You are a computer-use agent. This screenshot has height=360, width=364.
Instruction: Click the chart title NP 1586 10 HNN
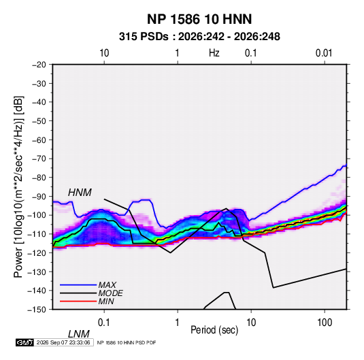pyautogui.click(x=199, y=19)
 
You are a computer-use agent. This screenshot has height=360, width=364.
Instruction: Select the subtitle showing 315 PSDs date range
pyautogui.click(x=199, y=37)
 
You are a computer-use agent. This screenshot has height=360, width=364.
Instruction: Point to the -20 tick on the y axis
pyautogui.click(x=39, y=65)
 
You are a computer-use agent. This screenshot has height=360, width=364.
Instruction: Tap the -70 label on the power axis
pyautogui.click(x=39, y=159)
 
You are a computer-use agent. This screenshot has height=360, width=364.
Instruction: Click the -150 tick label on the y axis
pyautogui.click(x=37, y=310)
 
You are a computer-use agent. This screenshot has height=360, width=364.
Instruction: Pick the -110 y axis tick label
pyautogui.click(x=37, y=234)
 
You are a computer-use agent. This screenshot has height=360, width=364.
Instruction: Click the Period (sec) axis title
pyautogui.click(x=214, y=330)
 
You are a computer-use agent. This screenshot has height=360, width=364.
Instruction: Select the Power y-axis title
pyautogui.click(x=18, y=187)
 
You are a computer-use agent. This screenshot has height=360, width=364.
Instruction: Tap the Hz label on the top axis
pyautogui.click(x=214, y=53)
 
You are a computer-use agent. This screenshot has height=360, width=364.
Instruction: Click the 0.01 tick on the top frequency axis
pyautogui.click(x=324, y=53)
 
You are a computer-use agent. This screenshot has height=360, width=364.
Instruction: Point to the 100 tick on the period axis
pyautogui.click(x=325, y=322)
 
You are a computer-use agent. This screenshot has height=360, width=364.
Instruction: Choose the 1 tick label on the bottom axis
pyautogui.click(x=178, y=322)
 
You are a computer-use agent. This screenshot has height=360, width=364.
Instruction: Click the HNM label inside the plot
pyautogui.click(x=80, y=193)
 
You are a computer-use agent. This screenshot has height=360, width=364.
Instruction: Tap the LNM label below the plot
pyautogui.click(x=78, y=334)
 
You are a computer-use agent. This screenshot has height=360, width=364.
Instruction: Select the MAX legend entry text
pyautogui.click(x=107, y=284)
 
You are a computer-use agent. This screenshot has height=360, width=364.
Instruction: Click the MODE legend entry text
pyautogui.click(x=110, y=293)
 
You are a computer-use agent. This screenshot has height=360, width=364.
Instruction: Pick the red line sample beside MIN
pyautogui.click(x=78, y=301)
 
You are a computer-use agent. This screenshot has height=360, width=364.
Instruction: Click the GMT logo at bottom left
pyautogui.click(x=25, y=342)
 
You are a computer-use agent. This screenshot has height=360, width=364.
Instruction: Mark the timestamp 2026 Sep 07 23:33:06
pyautogui.click(x=63, y=342)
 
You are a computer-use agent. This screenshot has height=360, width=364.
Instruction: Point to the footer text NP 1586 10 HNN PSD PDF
pyautogui.click(x=127, y=342)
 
